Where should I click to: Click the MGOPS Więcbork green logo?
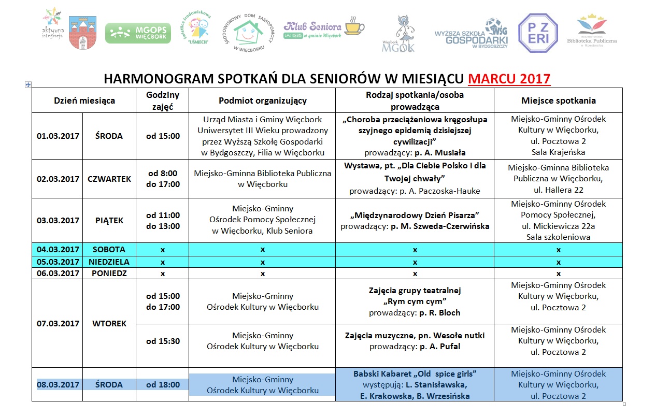[x=138, y=33]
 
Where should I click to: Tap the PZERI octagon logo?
[x=538, y=33]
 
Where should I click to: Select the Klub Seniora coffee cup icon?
[x=354, y=26]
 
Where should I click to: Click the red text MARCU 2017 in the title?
[x=509, y=79]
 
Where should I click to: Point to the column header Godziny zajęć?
[x=163, y=100]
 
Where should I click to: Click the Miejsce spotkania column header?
[x=558, y=100]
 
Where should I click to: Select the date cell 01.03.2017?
[x=58, y=136]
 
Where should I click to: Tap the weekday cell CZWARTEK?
[x=109, y=179]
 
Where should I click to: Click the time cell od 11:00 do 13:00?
[x=163, y=221]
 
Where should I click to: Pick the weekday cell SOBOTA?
[x=109, y=249]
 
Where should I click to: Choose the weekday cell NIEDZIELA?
[x=109, y=262]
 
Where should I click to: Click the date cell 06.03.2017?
[x=58, y=273]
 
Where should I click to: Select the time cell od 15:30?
[x=163, y=341]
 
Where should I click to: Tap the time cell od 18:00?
[x=163, y=385]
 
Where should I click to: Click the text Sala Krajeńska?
[x=558, y=152]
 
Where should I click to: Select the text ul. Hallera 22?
[x=558, y=190]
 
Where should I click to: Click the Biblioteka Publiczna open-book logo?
[x=592, y=30]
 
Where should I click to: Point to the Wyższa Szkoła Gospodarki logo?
[x=471, y=34]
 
